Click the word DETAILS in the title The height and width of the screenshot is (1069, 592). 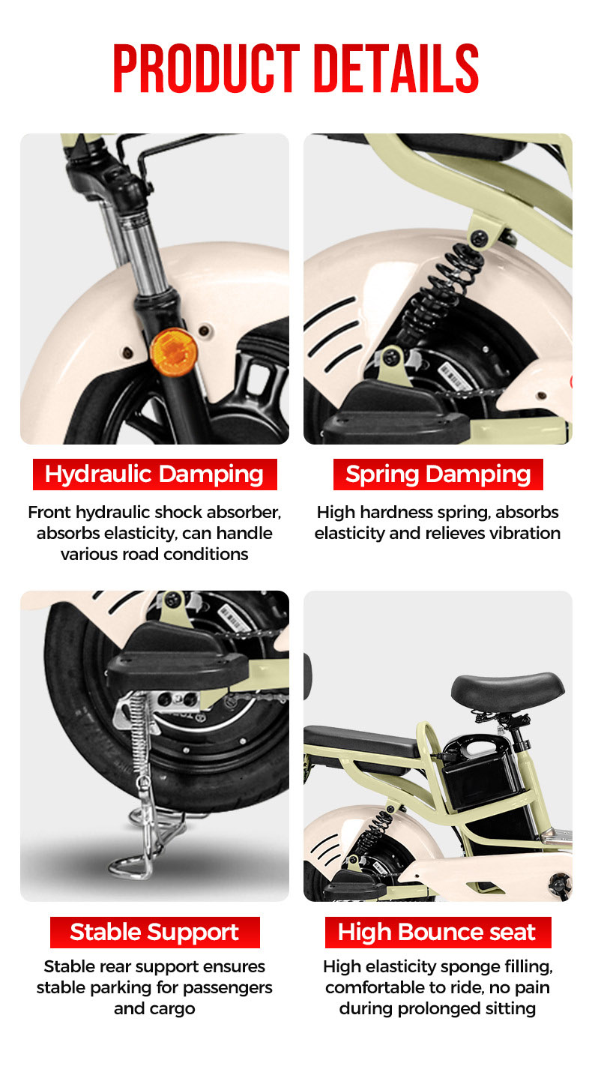[x=396, y=69]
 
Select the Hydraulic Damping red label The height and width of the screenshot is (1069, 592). [x=154, y=475]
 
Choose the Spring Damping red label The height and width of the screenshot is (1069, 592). [x=438, y=475]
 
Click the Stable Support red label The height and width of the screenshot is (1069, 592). [x=154, y=932]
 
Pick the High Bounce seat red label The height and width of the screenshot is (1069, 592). [x=438, y=932]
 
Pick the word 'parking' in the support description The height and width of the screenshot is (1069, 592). [x=131, y=987]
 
